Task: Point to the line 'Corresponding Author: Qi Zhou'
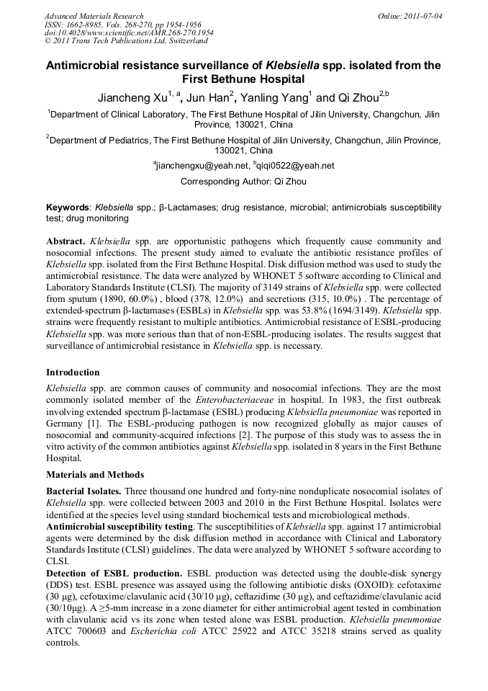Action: point(244,182)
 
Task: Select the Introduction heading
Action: point(73,373)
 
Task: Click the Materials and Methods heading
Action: point(95,475)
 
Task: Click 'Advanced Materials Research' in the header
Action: point(94,16)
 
